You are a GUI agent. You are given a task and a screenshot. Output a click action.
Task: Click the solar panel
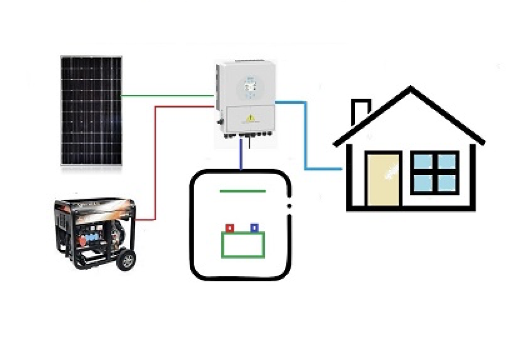[91, 111]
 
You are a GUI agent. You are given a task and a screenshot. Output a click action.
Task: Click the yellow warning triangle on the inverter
[251, 117]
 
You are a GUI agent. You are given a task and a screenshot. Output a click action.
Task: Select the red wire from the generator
[155, 162]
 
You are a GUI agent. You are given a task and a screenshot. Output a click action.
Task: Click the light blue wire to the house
[306, 137]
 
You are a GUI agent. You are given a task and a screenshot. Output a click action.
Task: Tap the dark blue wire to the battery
[241, 155]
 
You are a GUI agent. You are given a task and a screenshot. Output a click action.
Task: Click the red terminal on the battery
[229, 228]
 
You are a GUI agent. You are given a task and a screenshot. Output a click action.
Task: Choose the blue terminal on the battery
[254, 227]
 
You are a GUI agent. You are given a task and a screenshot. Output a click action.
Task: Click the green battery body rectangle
[243, 244]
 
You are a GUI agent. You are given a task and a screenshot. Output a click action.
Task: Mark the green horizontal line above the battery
[242, 191]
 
